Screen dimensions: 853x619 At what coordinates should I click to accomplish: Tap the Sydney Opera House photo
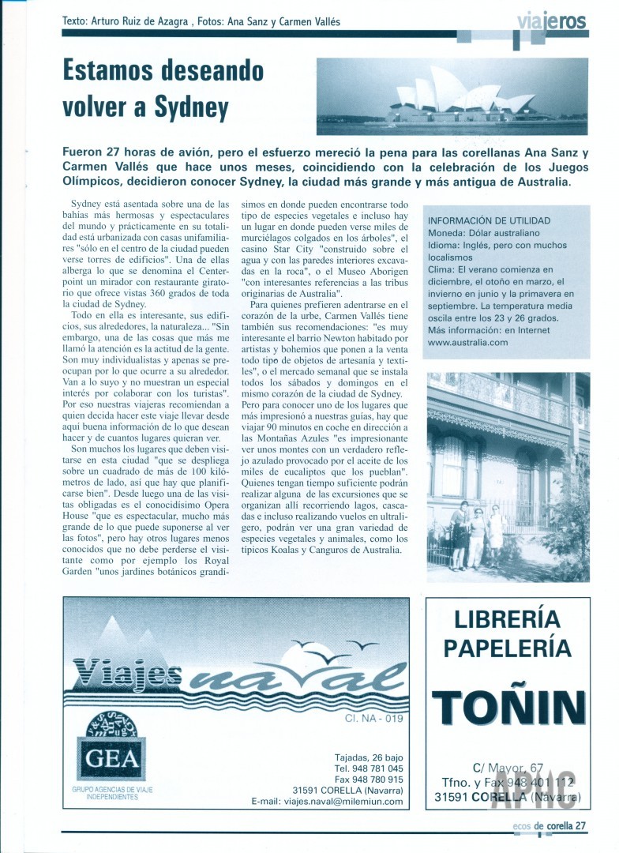(x=452, y=96)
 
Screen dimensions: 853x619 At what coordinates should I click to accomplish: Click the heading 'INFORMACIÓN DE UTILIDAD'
(x=488, y=220)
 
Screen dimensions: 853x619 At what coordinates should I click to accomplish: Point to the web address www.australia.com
(x=467, y=343)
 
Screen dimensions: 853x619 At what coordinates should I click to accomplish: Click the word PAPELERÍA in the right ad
(x=508, y=648)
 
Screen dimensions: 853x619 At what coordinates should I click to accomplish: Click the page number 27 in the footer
(x=580, y=826)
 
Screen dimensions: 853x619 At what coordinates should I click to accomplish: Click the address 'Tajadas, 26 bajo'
(x=366, y=757)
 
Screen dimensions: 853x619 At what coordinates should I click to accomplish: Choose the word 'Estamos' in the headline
(x=107, y=70)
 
